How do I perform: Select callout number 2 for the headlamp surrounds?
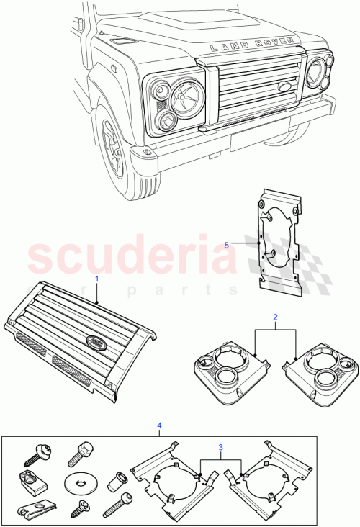[x=275, y=317]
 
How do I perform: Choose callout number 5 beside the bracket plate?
[x=227, y=245]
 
